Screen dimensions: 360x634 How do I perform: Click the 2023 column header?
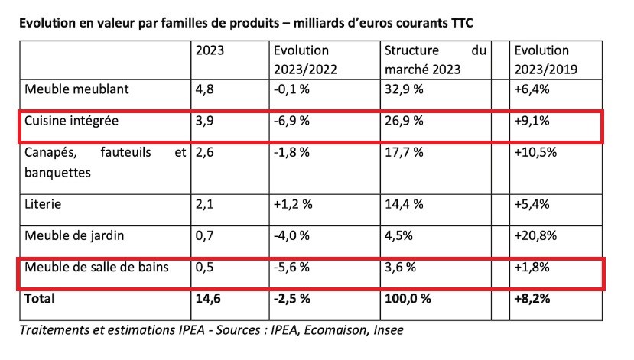click(210, 51)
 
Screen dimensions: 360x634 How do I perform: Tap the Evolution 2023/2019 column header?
click(544, 60)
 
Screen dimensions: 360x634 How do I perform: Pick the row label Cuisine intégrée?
click(72, 121)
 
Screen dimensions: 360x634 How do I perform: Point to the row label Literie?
click(44, 206)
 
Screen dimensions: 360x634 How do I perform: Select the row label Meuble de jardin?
click(74, 235)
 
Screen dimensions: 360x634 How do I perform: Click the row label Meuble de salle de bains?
click(96, 268)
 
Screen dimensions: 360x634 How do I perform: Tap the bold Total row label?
click(40, 299)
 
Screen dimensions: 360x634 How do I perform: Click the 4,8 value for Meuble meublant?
click(205, 89)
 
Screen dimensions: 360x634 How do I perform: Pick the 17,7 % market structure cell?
click(401, 152)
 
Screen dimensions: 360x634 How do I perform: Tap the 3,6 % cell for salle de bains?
click(398, 268)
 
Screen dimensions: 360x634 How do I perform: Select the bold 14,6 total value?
click(208, 299)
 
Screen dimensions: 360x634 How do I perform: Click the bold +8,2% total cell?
click(534, 299)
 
